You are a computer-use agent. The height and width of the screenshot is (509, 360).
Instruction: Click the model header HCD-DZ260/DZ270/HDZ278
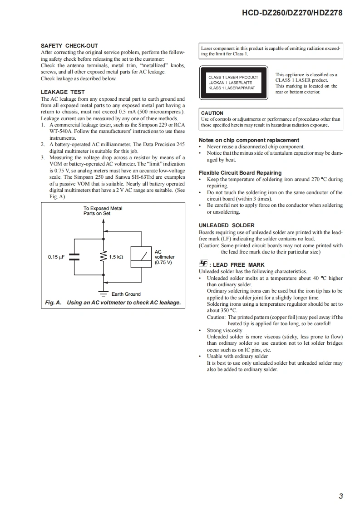293,13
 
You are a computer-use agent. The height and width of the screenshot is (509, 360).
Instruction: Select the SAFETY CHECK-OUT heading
69,46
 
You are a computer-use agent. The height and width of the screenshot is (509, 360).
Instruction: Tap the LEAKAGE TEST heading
63,92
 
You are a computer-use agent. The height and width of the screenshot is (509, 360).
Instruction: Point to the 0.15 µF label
56,257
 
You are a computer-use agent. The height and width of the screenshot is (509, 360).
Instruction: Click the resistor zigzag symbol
104,257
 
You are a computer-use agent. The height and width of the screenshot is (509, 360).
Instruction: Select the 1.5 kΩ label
116,257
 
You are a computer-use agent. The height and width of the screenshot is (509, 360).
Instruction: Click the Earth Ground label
126,294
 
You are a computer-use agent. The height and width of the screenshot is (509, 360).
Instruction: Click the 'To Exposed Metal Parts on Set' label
103,211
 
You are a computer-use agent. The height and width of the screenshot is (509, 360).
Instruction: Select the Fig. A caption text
113,303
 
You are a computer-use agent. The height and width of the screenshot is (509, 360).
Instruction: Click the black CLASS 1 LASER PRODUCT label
233,83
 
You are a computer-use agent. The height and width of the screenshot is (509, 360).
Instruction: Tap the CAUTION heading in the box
212,113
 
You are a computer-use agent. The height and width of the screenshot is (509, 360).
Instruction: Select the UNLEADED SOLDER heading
227,225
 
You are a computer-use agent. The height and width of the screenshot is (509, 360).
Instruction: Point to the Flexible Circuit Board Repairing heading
240,173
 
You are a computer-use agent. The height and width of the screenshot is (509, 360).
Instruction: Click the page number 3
340,496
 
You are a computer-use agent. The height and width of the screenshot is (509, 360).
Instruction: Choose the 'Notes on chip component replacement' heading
249,140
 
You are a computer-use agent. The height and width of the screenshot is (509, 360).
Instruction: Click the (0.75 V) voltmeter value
163,262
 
